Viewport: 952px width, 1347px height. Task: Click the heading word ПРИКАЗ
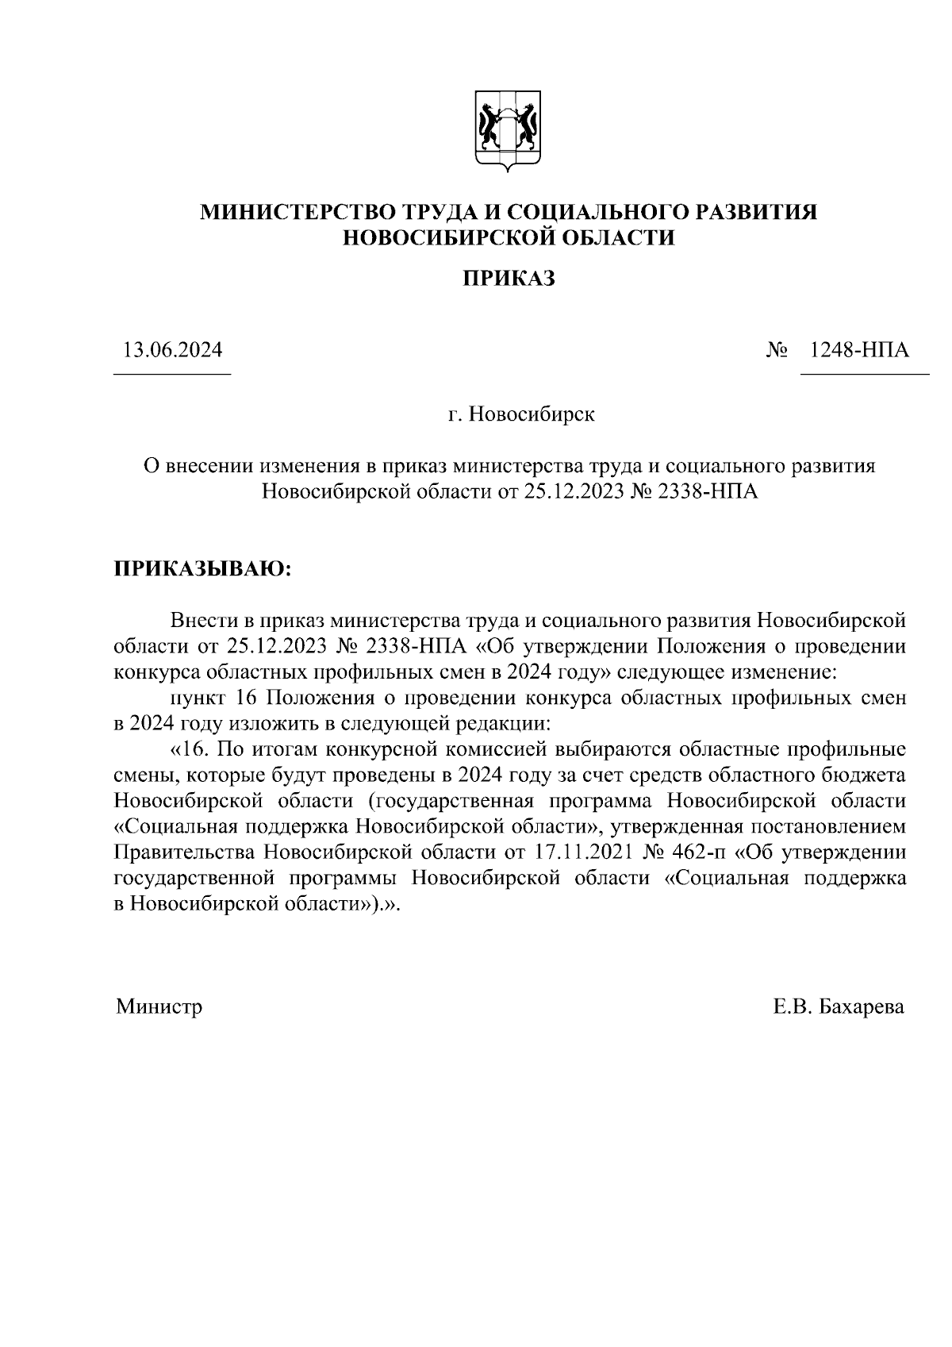(508, 279)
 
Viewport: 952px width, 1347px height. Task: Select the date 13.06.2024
(172, 350)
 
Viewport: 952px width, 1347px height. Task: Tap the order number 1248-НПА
(858, 350)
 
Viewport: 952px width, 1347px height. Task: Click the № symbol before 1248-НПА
(777, 350)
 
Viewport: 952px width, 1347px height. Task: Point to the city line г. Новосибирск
(520, 414)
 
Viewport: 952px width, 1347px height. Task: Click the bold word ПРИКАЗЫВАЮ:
(203, 569)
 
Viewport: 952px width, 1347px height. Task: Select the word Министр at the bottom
(159, 1006)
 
